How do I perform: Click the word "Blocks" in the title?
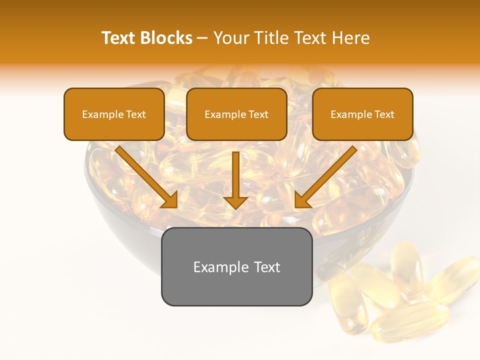(166, 38)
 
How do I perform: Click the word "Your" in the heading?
(230, 38)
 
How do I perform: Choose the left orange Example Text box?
(114, 114)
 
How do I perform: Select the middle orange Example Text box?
(236, 114)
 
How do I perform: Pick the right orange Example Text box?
(362, 114)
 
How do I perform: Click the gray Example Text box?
(236, 266)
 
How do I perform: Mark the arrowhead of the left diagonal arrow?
(169, 200)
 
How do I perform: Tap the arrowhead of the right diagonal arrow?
(302, 200)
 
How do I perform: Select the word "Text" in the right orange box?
(384, 114)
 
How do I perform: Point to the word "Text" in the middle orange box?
(258, 114)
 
